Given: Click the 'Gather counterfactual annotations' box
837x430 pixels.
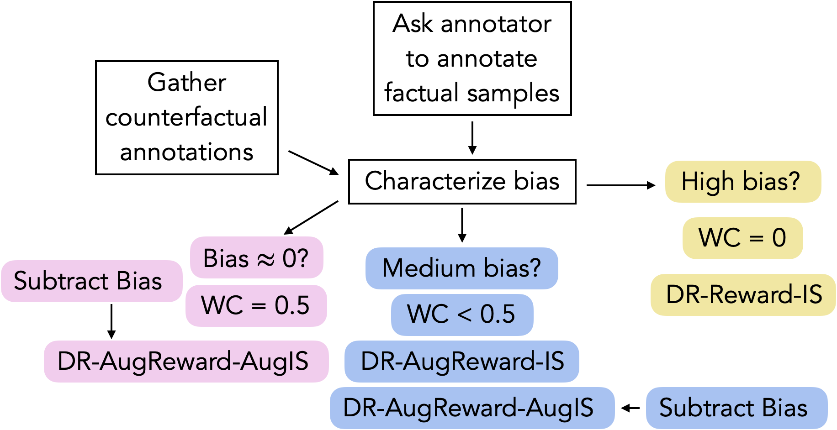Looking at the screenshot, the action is pyautogui.click(x=187, y=118).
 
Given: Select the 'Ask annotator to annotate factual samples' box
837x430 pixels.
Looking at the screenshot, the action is pyautogui.click(x=472, y=58).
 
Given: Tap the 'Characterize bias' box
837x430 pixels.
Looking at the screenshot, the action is pyautogui.click(x=462, y=182).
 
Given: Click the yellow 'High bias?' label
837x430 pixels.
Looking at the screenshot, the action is pyautogui.click(x=743, y=182).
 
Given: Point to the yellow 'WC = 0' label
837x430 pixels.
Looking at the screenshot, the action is pyautogui.click(x=743, y=238).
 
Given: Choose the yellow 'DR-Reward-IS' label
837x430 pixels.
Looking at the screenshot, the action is pyautogui.click(x=743, y=295).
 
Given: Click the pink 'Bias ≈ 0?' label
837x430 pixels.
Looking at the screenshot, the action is pyautogui.click(x=257, y=257).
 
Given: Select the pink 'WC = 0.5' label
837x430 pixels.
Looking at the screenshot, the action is pyautogui.click(x=256, y=305).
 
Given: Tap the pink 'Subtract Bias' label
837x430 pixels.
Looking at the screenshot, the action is pyautogui.click(x=92, y=281).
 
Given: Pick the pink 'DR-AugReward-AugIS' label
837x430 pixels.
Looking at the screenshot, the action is pyautogui.click(x=186, y=362).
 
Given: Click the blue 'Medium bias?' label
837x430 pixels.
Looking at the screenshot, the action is pyautogui.click(x=462, y=268).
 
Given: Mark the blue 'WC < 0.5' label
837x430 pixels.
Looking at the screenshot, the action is pyautogui.click(x=462, y=315).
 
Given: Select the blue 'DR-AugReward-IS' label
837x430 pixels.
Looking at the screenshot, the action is pyautogui.click(x=462, y=362).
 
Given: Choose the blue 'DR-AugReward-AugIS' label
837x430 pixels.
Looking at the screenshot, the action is pyautogui.click(x=472, y=408).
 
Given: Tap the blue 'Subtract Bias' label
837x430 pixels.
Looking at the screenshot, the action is pyautogui.click(x=737, y=408).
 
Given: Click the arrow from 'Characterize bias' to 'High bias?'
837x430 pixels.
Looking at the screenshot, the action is pyautogui.click(x=621, y=185).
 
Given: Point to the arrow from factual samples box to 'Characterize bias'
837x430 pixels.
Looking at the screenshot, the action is pyautogui.click(x=472, y=138).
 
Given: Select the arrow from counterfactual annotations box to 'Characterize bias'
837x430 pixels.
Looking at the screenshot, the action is pyautogui.click(x=313, y=163).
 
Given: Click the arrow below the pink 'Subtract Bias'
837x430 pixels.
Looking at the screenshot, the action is pyautogui.click(x=111, y=321).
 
